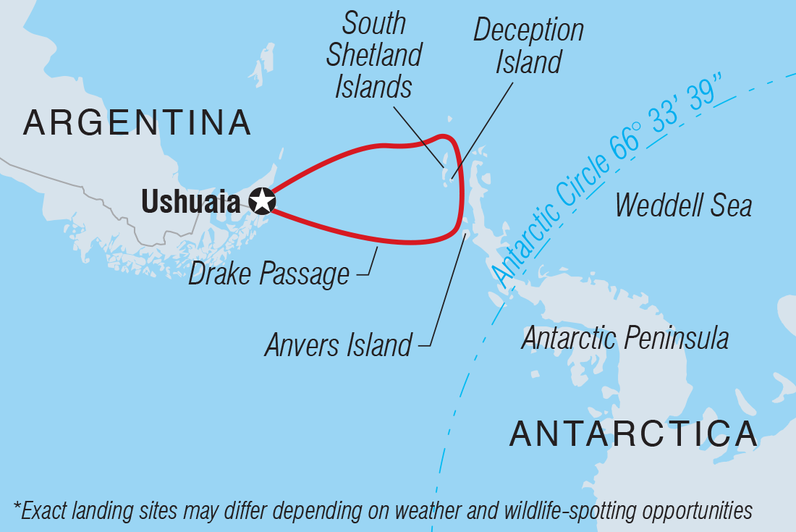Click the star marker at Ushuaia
[x=262, y=201]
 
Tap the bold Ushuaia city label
[x=190, y=202]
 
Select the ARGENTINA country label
[x=137, y=123]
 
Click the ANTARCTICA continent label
[x=633, y=434]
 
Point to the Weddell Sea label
[x=683, y=206]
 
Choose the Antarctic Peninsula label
[x=625, y=338]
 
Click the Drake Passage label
[x=268, y=274]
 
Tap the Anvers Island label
[x=338, y=345]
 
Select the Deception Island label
[x=528, y=46]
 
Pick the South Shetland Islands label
[x=374, y=56]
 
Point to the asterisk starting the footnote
[x=16, y=510]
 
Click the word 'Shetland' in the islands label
[x=374, y=56]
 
